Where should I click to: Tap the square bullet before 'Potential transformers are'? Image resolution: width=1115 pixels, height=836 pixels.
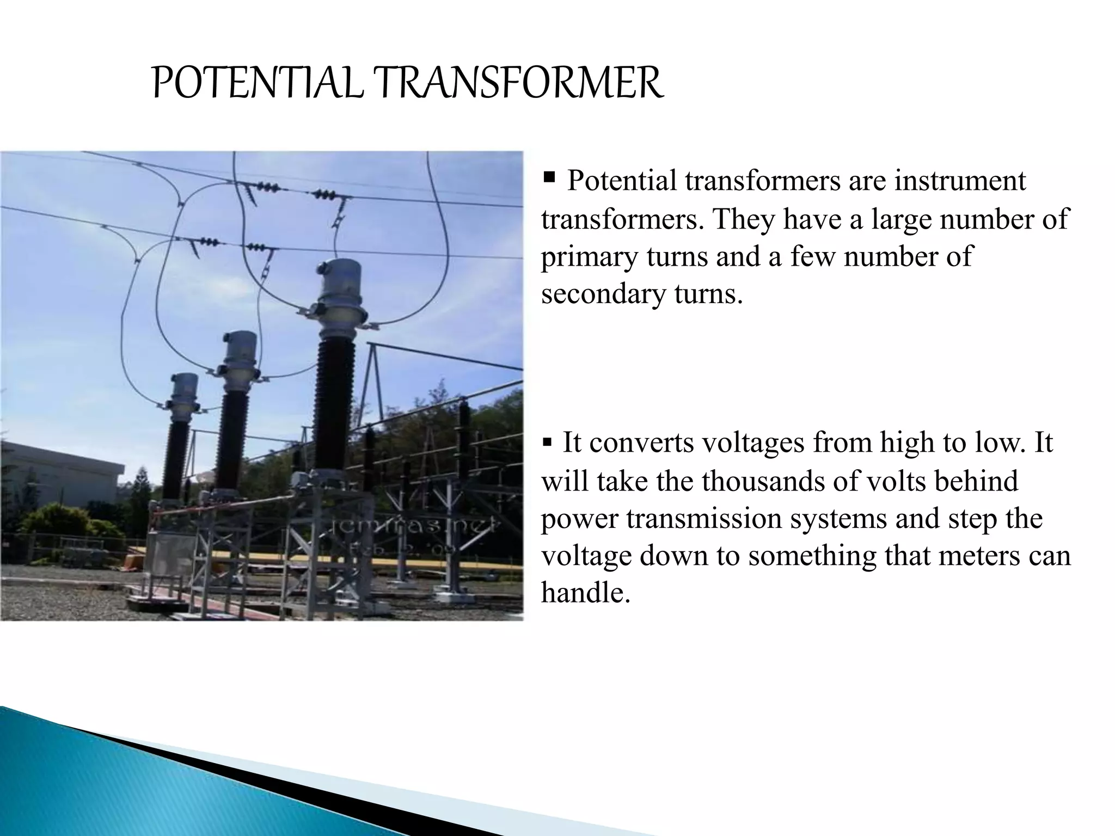(x=549, y=177)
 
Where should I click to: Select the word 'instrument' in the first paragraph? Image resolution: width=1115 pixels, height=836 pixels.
(x=960, y=181)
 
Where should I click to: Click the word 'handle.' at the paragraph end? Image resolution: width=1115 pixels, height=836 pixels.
(x=585, y=593)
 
